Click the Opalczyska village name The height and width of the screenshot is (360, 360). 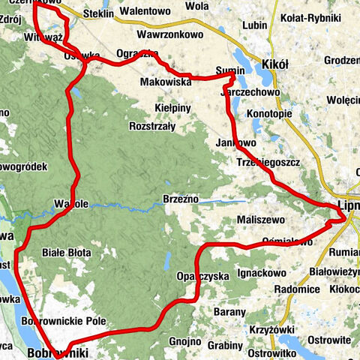point(202,276)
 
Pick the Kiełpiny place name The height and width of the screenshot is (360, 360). point(173,108)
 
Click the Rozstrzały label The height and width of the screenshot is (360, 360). point(152,126)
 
